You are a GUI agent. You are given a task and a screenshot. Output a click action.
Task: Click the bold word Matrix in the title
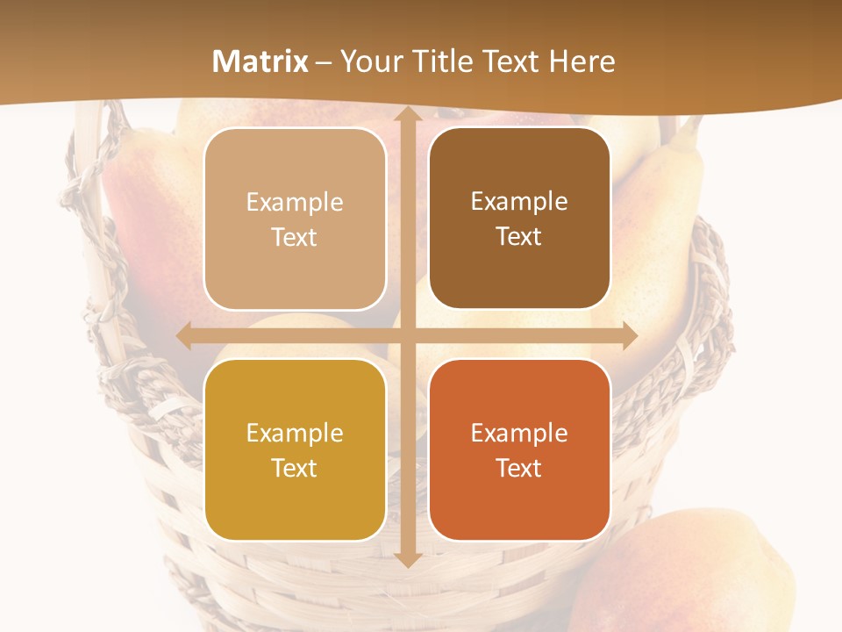point(260,61)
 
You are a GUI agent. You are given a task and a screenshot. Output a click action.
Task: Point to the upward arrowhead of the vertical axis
point(407,114)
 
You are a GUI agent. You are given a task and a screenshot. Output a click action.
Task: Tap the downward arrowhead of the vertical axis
point(407,559)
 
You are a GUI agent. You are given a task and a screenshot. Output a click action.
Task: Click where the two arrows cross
point(407,336)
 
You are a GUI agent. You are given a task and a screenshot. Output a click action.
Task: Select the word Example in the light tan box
point(295,203)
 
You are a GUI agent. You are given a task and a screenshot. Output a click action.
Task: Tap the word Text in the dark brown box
point(519,237)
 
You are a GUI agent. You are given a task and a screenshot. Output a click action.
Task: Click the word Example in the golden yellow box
point(295,434)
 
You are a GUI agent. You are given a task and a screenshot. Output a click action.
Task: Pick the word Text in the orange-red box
point(519,468)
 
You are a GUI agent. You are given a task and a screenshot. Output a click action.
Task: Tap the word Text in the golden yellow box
point(295,468)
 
